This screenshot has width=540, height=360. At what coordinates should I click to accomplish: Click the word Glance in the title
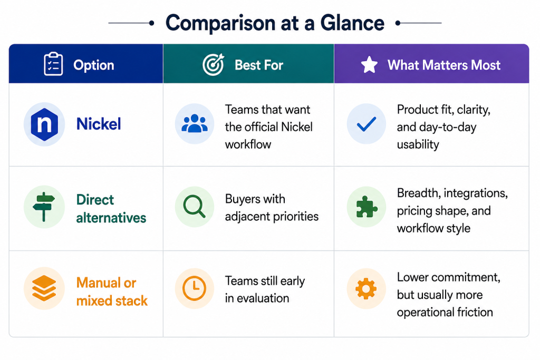[352, 23]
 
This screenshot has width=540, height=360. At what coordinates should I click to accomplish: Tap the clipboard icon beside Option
[53, 64]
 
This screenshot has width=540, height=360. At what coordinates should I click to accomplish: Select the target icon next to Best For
[214, 64]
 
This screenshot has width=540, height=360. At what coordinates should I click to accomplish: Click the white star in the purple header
[369, 65]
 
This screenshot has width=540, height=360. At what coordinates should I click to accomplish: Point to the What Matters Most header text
[444, 65]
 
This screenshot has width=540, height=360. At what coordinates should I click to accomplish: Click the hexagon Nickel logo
[44, 124]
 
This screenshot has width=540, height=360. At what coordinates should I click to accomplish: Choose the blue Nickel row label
[99, 124]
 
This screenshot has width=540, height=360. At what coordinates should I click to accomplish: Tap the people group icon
[195, 123]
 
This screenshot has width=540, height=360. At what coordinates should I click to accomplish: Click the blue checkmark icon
[367, 124]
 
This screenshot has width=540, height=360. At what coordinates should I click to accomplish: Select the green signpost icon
[44, 207]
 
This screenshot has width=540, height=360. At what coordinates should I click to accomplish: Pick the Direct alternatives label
[111, 209]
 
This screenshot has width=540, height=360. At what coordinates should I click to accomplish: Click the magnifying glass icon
[194, 207]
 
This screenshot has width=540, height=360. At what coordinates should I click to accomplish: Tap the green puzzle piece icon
[367, 207]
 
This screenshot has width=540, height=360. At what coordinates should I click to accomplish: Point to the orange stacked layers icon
[44, 288]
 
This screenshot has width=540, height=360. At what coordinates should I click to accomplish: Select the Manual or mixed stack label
[112, 292]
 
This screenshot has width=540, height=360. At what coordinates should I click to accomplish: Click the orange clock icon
[194, 288]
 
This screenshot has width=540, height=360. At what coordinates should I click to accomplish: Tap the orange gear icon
[366, 288]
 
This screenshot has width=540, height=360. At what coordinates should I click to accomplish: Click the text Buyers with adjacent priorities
[272, 208]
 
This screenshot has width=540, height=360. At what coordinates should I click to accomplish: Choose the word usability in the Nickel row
[418, 144]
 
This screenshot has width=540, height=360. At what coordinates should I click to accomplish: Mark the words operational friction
[445, 312]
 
